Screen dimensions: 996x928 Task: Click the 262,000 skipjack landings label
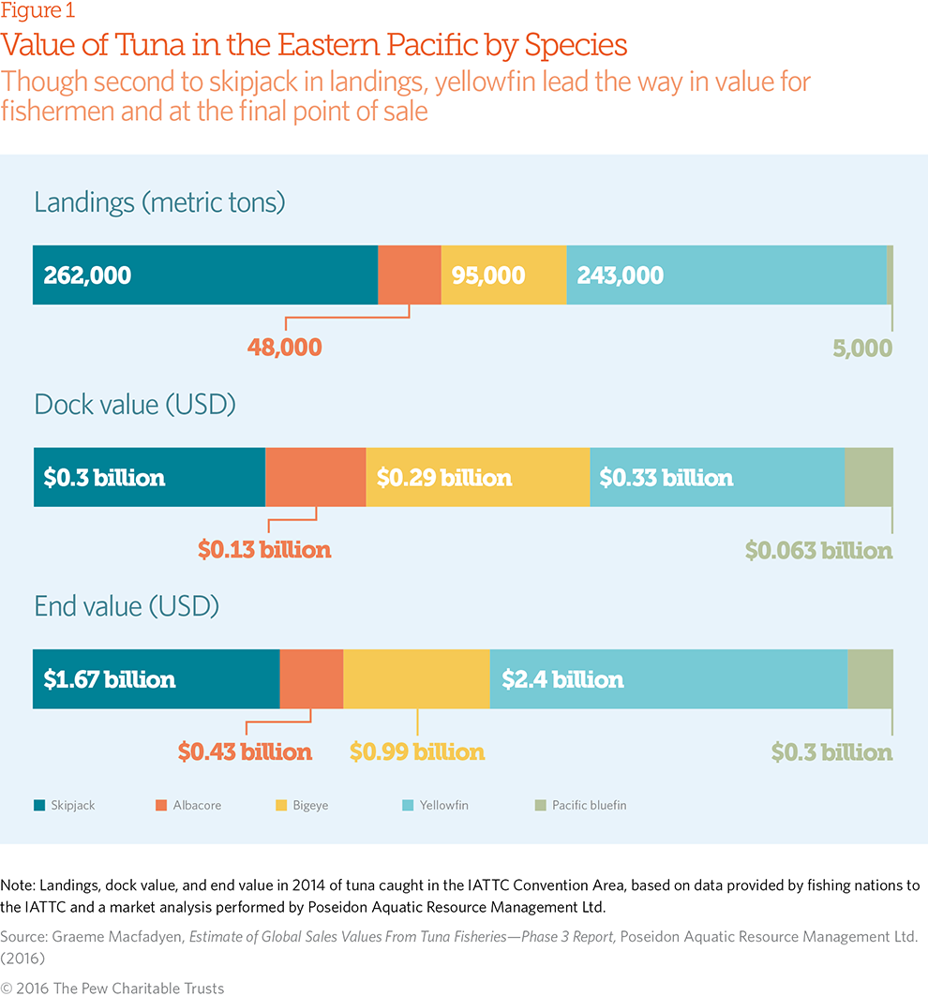87,275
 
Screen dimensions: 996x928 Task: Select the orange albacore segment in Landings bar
409,275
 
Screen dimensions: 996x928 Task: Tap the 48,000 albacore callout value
284,348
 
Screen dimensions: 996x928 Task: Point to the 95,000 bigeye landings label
488,275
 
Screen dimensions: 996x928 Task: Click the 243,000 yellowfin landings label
620,275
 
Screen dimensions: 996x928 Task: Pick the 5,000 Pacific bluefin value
861,348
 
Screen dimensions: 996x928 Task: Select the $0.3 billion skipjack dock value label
104,478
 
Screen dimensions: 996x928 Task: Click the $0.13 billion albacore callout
264,550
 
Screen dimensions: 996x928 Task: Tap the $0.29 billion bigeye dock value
444,478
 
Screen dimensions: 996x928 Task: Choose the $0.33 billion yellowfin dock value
666,478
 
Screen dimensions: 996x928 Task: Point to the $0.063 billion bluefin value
818,550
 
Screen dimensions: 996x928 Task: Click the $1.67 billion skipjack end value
110,679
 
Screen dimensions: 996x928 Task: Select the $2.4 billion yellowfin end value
562,679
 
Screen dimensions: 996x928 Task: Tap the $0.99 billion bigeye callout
417,752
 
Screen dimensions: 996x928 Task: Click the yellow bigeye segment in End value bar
416,679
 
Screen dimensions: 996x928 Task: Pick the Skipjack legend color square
39,805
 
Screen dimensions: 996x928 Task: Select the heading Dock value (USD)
135,405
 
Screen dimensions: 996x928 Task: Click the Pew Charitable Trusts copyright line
112,988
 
